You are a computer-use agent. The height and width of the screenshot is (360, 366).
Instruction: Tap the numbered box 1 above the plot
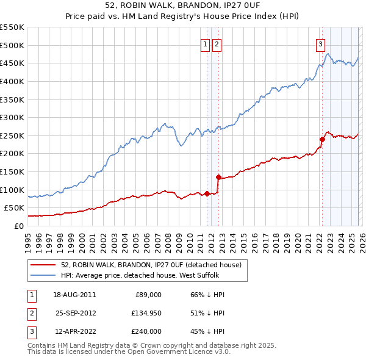click(205, 43)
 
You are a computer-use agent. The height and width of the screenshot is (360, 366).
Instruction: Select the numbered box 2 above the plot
click(217, 43)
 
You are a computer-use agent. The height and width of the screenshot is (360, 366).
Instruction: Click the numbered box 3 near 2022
click(320, 43)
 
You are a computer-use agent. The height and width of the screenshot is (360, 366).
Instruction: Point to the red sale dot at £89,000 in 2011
click(207, 193)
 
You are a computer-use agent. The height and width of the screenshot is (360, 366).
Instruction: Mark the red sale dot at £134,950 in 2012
click(218, 177)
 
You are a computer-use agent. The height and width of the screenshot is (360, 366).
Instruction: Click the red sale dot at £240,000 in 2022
click(322, 139)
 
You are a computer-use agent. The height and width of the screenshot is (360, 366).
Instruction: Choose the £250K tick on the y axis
click(13, 135)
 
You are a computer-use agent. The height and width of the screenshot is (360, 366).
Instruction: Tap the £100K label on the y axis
click(13, 190)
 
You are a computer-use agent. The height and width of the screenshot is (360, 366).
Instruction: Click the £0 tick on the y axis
click(18, 226)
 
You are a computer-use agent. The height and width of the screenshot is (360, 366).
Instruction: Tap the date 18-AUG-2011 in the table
click(76, 295)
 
